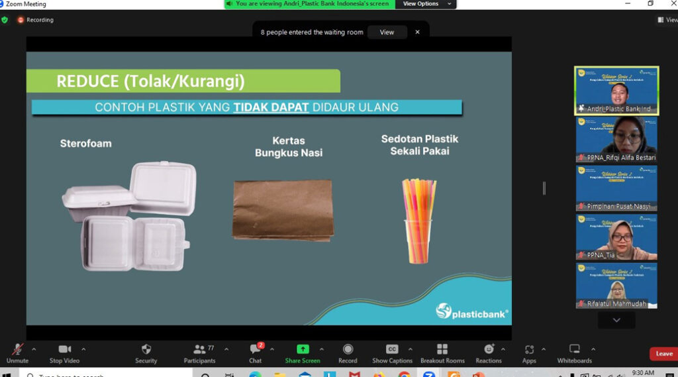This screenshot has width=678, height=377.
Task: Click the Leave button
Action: [663, 354]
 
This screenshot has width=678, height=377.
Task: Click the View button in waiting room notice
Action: [387, 32]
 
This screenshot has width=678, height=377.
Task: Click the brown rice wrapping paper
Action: [283, 209]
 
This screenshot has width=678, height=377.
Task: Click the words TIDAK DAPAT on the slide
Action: [271, 107]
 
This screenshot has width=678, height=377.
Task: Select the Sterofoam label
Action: [86, 143]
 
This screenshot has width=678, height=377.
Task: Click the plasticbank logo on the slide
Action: [472, 311]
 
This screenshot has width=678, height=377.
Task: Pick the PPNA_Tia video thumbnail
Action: [616, 237]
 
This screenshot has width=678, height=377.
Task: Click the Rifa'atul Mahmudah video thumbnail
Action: [616, 286]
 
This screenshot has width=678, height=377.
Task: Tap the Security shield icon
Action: [146, 349]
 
